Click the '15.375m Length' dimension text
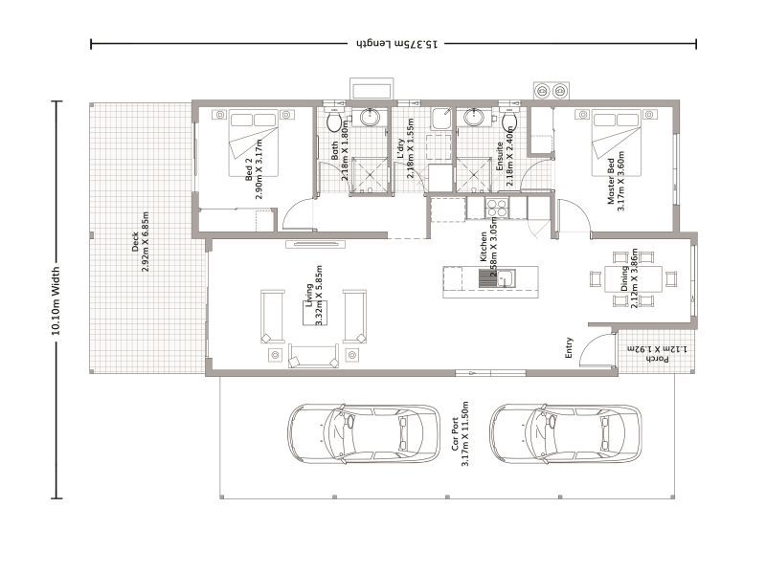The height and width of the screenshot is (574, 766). [x=394, y=44]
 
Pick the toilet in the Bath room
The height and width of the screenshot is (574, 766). [x=334, y=122]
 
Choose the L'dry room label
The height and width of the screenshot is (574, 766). [x=405, y=151]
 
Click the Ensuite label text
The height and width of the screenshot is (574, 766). [x=505, y=149]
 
